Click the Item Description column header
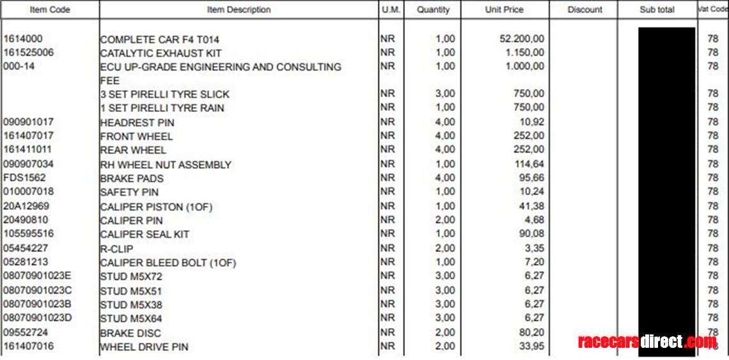click(x=239, y=10)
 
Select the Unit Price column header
click(x=504, y=10)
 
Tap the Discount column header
click(x=584, y=10)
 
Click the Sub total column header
click(x=657, y=10)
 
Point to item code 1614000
click(x=23, y=39)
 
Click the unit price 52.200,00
click(x=522, y=39)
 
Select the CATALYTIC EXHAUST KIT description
click(x=161, y=53)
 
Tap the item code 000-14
click(x=19, y=67)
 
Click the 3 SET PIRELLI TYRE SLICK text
click(x=164, y=94)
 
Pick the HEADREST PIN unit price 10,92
click(x=532, y=121)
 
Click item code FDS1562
click(x=25, y=178)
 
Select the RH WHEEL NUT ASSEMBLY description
click(x=166, y=164)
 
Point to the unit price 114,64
click(x=529, y=164)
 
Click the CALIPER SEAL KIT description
click(x=145, y=234)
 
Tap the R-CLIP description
click(x=116, y=248)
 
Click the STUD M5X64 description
click(x=131, y=318)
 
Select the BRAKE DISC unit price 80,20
click(x=532, y=333)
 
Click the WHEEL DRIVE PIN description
click(x=144, y=347)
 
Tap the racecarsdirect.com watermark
click(x=647, y=341)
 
